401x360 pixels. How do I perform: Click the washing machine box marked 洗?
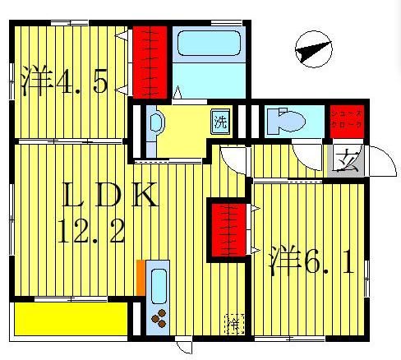point(220,122)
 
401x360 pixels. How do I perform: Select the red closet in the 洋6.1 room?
point(229,231)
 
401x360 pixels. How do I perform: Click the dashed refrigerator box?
point(234,323)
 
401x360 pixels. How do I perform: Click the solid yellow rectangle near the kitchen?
point(69,317)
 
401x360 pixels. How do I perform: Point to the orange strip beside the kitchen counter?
point(141,275)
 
